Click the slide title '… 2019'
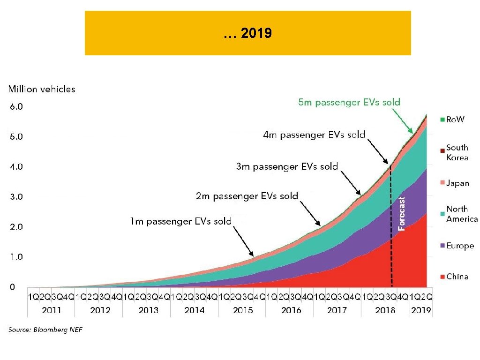click(x=247, y=33)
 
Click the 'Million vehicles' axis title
click(x=42, y=89)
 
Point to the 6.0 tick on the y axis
click(x=16, y=107)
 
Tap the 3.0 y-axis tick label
click(x=16, y=197)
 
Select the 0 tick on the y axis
click(x=13, y=287)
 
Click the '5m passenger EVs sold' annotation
click(x=349, y=102)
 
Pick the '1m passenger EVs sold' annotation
click(x=180, y=221)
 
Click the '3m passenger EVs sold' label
click(x=286, y=166)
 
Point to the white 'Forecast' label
click(x=401, y=214)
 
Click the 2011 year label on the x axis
click(x=52, y=310)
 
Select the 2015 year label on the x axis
click(x=242, y=310)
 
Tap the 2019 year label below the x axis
click(x=421, y=310)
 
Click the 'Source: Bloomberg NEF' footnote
click(x=45, y=330)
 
